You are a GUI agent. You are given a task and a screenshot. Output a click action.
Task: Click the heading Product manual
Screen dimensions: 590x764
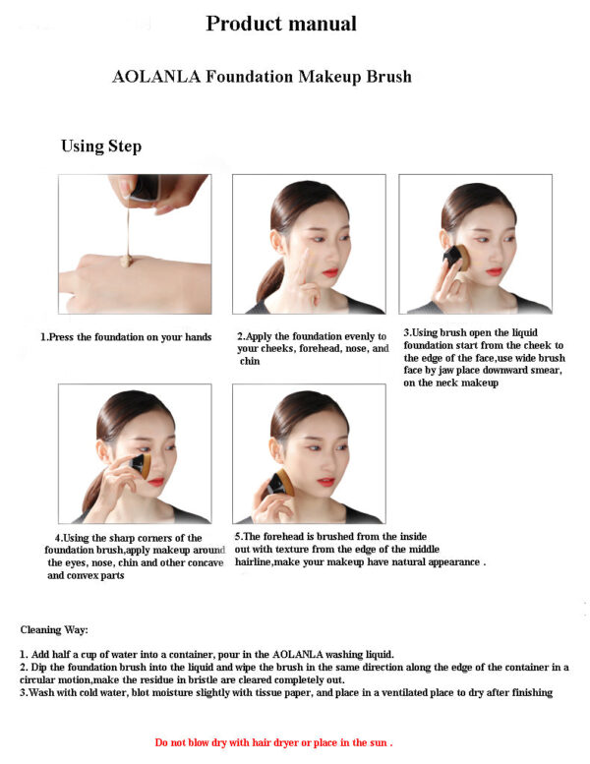pos(281,24)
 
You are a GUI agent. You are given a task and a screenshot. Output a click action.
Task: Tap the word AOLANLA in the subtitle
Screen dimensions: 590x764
pos(156,77)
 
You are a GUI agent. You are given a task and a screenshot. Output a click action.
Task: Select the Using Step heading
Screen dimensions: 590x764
pos(101,147)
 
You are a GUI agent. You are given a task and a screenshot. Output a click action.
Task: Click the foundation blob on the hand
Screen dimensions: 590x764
pos(127,261)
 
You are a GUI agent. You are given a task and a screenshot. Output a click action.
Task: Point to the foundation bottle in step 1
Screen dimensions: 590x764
pos(145,187)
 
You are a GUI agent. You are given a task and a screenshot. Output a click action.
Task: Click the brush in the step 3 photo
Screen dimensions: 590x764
pos(456,258)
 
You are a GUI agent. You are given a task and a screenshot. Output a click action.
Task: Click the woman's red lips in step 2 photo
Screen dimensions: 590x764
pos(330,272)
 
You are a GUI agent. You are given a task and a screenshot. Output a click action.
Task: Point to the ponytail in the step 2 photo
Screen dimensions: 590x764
pos(268,280)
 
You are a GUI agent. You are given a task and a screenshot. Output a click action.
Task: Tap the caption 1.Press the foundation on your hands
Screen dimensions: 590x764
pos(126,337)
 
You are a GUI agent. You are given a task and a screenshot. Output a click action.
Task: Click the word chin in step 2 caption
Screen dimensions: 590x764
pos(250,361)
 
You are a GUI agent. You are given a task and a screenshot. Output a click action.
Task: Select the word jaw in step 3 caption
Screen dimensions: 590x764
pos(446,371)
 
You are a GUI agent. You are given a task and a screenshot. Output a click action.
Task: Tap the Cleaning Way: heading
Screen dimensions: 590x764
pos(54,630)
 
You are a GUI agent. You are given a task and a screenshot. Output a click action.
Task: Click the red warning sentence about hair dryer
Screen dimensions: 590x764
pos(273,742)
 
